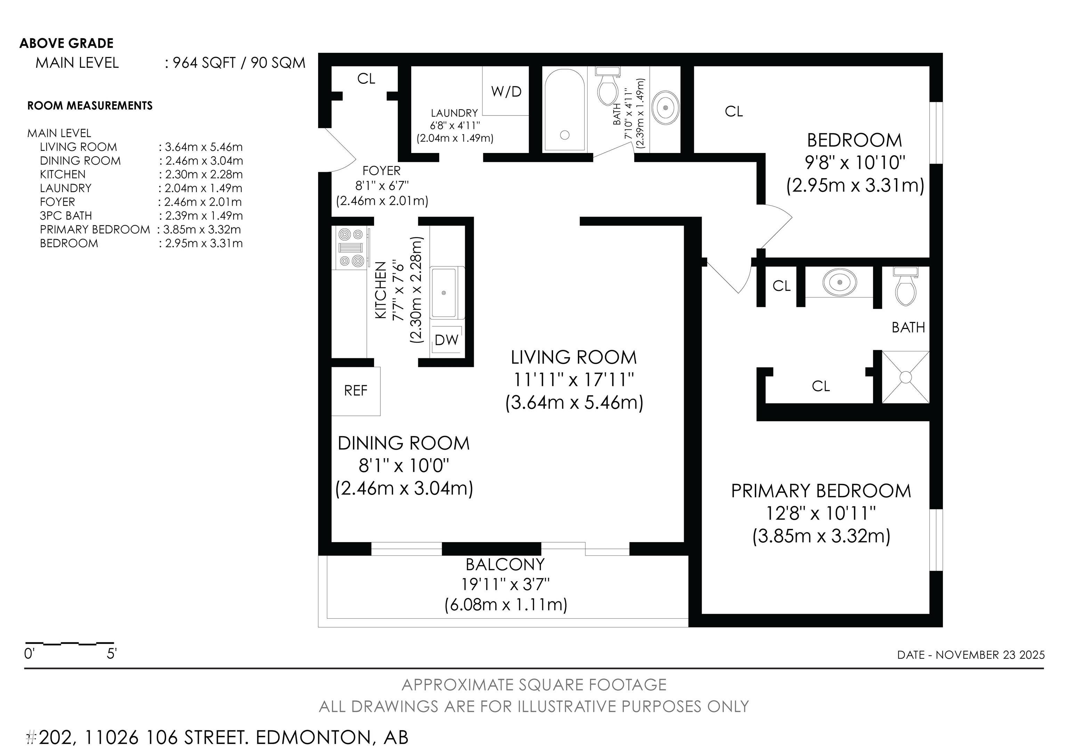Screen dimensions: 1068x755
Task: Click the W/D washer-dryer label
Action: [x=506, y=92]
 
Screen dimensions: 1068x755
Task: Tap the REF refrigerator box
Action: [x=356, y=391]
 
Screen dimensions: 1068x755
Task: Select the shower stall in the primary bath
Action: [x=905, y=377]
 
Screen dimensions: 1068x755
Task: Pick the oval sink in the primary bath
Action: [x=839, y=282]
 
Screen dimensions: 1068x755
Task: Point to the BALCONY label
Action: [x=505, y=564]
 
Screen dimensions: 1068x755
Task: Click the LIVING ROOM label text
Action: [x=574, y=357]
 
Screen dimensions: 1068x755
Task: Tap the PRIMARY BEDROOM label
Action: [x=821, y=491]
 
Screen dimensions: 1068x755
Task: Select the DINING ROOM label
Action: [x=404, y=443]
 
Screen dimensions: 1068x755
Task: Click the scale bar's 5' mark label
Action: [x=112, y=653]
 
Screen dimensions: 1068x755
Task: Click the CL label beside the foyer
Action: [x=366, y=79]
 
